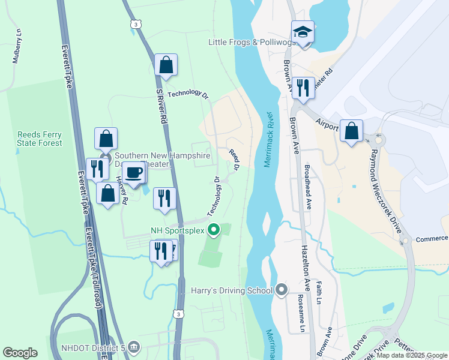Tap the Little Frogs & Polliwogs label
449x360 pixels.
click(252, 42)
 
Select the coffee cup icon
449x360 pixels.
click(135, 173)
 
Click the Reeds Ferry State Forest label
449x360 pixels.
click(40, 139)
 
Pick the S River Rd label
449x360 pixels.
click(160, 107)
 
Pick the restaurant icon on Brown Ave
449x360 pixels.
click(303, 88)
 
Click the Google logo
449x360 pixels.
click(20, 353)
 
